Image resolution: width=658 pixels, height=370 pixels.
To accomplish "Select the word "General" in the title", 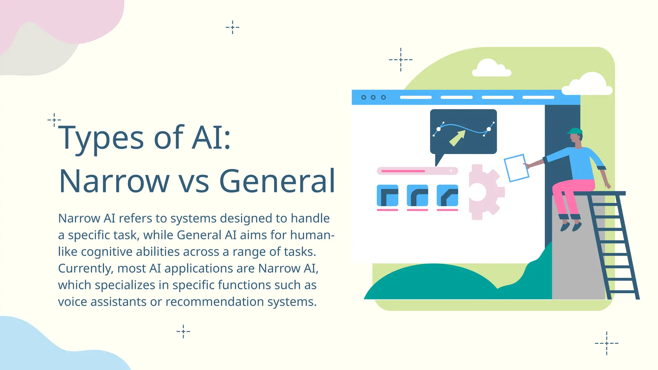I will (x=277, y=181).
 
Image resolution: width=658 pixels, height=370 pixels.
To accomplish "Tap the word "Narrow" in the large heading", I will (x=114, y=181).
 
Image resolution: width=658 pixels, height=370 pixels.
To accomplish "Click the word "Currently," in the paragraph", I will (x=85, y=269).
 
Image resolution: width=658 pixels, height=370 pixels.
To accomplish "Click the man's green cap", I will (x=575, y=131).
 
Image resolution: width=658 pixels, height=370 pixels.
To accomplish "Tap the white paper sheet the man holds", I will (x=516, y=168).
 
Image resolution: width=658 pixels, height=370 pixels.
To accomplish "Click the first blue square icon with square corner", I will (x=387, y=195).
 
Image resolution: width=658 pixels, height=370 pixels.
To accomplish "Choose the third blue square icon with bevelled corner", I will (x=447, y=195).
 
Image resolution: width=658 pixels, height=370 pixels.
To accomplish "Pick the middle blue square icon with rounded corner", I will (x=417, y=195).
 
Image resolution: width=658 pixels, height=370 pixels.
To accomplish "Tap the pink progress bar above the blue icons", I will (x=403, y=171).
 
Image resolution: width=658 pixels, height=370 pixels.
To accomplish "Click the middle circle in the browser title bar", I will (x=373, y=97).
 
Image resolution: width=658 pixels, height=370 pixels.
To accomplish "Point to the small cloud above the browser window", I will (x=491, y=68).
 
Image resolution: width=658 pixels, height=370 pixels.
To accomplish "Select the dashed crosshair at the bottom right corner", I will (x=607, y=343).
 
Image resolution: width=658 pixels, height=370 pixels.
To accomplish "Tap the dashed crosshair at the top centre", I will (x=233, y=27).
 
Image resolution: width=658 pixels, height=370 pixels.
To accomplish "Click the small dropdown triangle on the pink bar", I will (x=451, y=171).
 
